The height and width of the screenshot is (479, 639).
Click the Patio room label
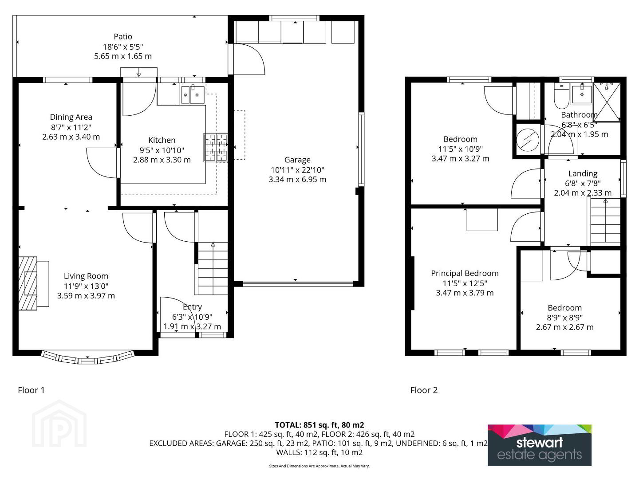click(123, 37)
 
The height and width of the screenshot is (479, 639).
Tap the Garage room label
click(297, 160)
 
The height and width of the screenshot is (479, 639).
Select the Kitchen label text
click(162, 140)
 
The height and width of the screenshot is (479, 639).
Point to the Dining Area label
click(71, 117)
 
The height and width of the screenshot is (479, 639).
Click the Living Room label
click(86, 276)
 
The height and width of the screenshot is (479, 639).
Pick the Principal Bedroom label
click(465, 273)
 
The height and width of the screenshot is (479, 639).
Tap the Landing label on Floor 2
click(583, 173)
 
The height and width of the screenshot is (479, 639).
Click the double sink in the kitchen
click(193, 94)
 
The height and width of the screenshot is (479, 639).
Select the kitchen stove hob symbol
click(216, 147)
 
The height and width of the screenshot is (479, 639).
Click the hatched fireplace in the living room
click(28, 283)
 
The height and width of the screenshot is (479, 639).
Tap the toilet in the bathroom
click(561, 96)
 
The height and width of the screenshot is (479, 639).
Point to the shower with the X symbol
click(607, 102)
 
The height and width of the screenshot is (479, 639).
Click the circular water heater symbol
click(528, 141)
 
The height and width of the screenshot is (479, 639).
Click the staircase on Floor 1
click(213, 268)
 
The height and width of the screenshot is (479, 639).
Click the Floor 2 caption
click(424, 390)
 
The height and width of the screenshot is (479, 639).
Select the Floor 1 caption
click(31, 390)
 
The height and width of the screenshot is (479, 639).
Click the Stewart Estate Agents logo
click(540, 445)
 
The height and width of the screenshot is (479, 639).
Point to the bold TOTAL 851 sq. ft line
click(319, 425)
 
